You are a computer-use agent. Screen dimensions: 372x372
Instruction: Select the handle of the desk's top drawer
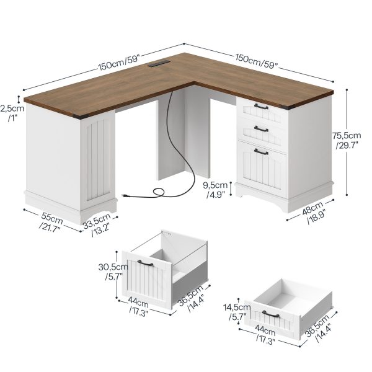(x=261, y=108)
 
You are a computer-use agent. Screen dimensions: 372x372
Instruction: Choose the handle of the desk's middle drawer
(x=261, y=128)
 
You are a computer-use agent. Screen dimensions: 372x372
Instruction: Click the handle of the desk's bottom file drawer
(x=261, y=151)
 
